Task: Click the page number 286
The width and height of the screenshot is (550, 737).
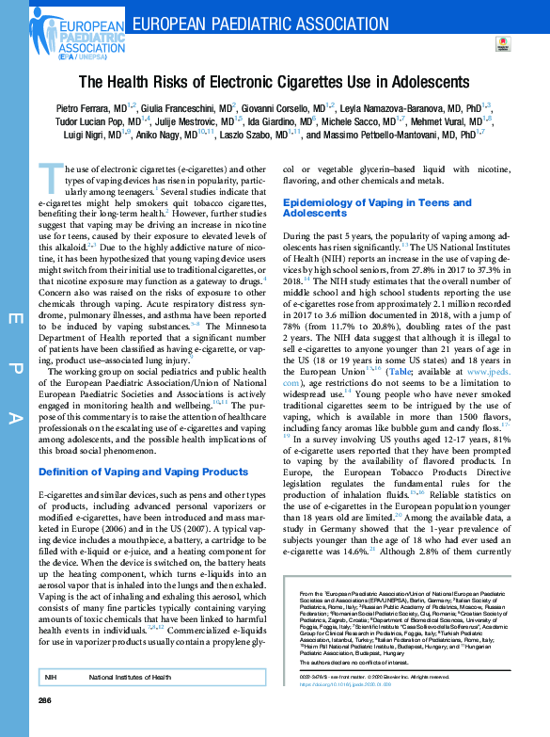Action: (44, 702)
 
